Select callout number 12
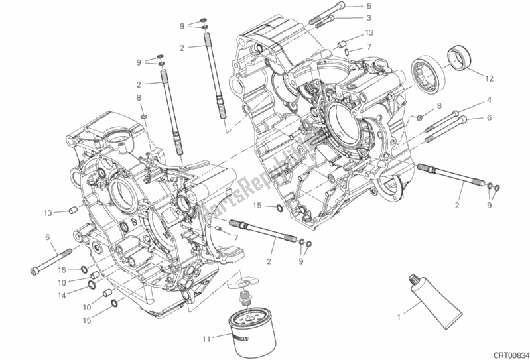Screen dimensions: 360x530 pos(489,78)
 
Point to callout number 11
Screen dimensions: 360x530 pos(207,339)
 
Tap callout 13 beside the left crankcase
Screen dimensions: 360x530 pos(48,213)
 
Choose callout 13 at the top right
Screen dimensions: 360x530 pos(369,32)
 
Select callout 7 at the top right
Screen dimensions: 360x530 pos(369,46)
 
